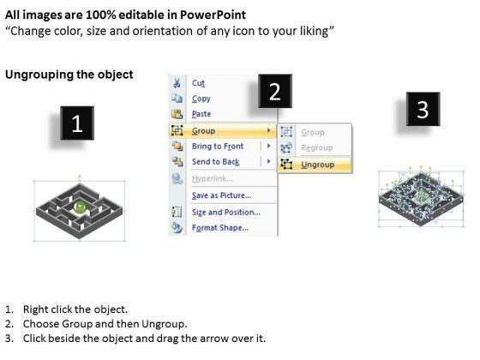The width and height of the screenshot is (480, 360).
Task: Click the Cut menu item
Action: coord(198,83)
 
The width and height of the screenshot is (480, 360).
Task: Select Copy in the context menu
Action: coord(201,99)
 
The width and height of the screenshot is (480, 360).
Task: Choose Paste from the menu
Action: coord(201,114)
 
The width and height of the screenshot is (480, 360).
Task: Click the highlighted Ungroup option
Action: coord(317,165)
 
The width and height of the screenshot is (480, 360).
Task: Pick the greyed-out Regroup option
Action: coord(317,147)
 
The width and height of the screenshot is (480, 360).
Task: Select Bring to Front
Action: coord(218,147)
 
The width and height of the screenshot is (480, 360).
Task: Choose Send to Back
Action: coord(215,162)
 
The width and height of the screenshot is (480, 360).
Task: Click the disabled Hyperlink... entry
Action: coord(213,178)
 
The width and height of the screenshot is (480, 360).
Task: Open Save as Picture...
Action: coord(221,195)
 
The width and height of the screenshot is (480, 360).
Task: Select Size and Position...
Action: coord(226,213)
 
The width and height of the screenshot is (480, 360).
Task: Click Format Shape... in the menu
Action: coord(220,228)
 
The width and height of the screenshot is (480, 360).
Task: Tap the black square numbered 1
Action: coord(77,123)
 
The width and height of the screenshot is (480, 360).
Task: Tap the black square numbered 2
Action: coord(275,91)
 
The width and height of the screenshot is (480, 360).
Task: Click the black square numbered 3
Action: coord(423,109)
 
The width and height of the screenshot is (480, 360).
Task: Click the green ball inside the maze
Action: coord(81,207)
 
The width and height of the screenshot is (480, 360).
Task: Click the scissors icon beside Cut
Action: coord(177,83)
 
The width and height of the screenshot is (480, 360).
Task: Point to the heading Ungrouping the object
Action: coord(69,75)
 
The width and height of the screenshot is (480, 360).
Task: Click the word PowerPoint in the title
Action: coord(213,15)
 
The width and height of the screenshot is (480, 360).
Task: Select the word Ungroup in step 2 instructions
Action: coord(163,324)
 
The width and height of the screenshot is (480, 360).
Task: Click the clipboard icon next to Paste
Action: coord(177,114)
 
